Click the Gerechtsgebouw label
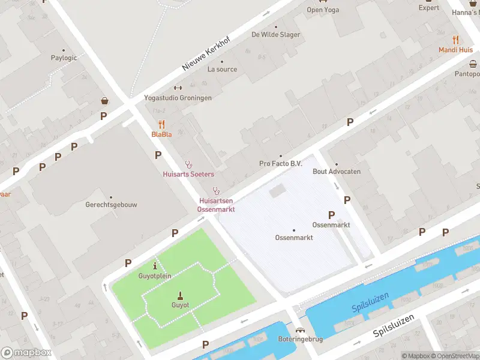(x=111, y=205)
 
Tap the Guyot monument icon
(x=180, y=295)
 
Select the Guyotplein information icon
(x=155, y=266)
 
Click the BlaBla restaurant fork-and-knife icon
(x=161, y=125)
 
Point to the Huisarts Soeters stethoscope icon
(x=188, y=164)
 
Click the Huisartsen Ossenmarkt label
(x=216, y=205)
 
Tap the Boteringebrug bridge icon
(x=301, y=329)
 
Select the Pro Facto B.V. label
(x=280, y=163)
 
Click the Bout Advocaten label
(x=337, y=171)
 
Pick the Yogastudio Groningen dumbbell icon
(x=178, y=88)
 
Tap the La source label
(x=222, y=69)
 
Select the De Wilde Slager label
(x=276, y=34)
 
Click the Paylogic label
(x=64, y=58)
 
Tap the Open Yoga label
(x=323, y=9)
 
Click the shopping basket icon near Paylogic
(x=105, y=101)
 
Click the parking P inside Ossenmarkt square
(x=331, y=215)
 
